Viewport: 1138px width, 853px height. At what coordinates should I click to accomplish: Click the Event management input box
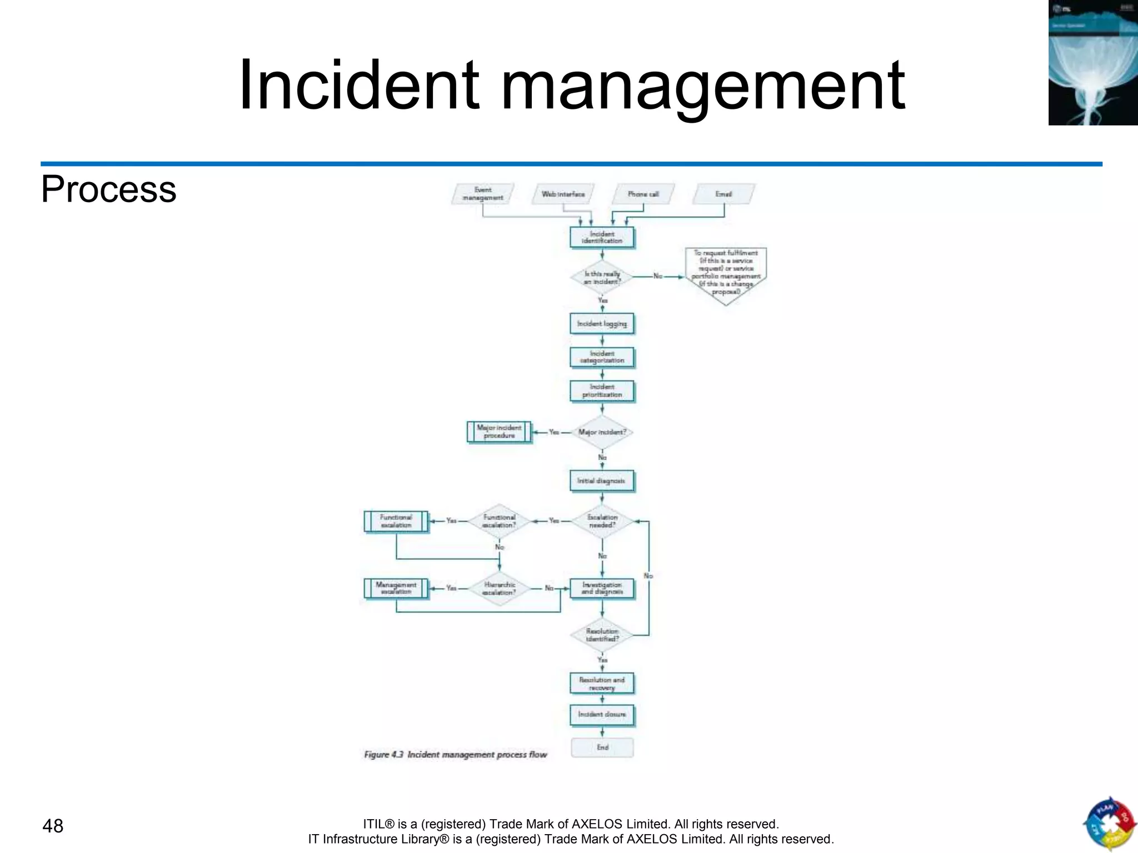click(x=482, y=194)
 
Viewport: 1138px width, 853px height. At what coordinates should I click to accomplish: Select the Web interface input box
click(x=563, y=194)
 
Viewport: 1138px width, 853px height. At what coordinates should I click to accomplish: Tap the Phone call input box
click(x=643, y=194)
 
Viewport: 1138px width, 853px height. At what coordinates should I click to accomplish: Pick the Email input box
click(x=723, y=194)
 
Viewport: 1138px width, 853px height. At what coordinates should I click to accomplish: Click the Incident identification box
click(x=602, y=237)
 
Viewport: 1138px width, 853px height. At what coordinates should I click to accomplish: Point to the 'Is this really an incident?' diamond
click(x=602, y=277)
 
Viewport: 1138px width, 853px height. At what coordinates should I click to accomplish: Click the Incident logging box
click(x=602, y=323)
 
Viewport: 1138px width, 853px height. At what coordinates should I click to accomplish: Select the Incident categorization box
click(x=602, y=357)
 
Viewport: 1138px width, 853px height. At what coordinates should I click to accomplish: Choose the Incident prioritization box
click(x=602, y=390)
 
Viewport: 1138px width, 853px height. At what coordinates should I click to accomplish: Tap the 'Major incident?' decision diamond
click(x=602, y=432)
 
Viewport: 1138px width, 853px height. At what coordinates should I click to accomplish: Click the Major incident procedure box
click(x=499, y=431)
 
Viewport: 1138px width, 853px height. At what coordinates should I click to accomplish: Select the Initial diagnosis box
click(x=602, y=481)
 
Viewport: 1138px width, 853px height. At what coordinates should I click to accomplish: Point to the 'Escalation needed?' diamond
click(x=602, y=521)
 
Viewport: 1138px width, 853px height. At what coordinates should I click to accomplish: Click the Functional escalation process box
click(x=396, y=521)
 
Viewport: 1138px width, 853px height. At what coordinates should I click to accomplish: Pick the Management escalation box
click(x=396, y=588)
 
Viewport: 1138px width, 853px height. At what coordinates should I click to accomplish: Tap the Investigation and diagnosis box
click(x=602, y=588)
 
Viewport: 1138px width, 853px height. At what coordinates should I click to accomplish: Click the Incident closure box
click(x=602, y=714)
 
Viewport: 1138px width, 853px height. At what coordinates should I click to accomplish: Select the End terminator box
click(x=602, y=747)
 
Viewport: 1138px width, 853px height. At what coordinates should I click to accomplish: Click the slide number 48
click(x=53, y=826)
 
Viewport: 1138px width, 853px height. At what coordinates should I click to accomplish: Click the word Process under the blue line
click(x=108, y=189)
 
